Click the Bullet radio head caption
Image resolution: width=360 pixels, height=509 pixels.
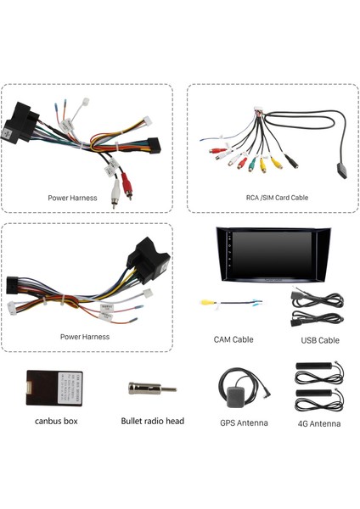tap(152, 421)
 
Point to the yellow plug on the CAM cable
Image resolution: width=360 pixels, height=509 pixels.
tap(205, 301)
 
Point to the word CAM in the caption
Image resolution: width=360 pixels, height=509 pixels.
tap(222, 340)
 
